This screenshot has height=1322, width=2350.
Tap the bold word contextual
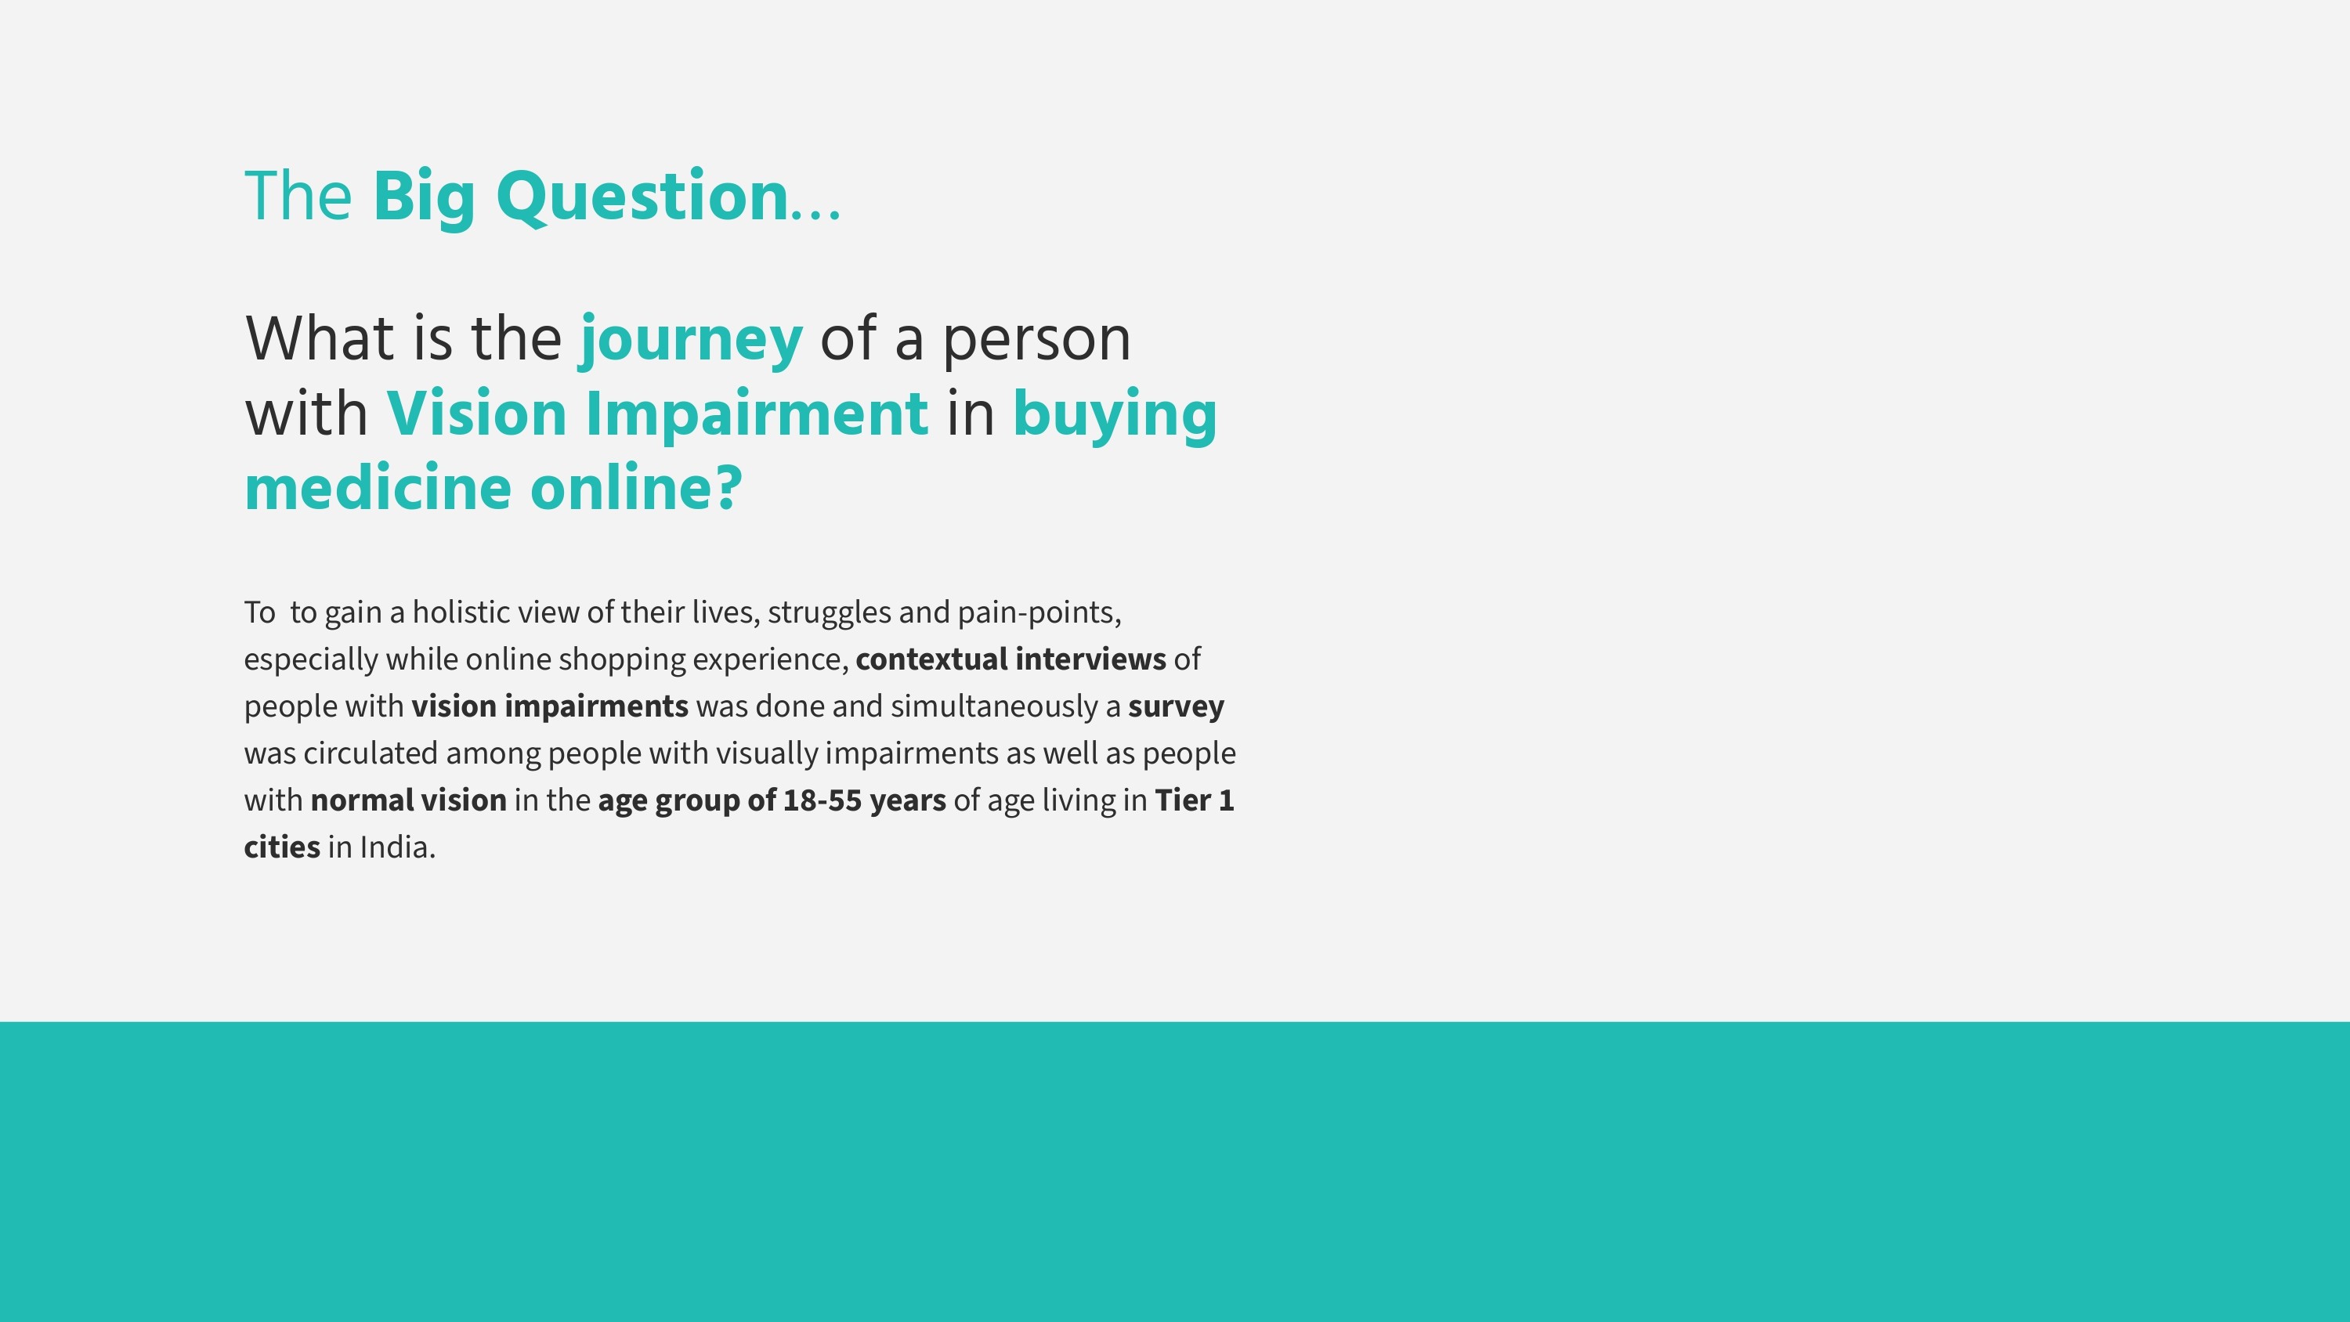pyautogui.click(x=931, y=659)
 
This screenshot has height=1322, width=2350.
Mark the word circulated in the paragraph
pyautogui.click(x=371, y=753)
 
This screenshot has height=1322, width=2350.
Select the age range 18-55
pyautogui.click(x=822, y=801)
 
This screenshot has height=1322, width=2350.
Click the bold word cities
pyautogui.click(x=282, y=847)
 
